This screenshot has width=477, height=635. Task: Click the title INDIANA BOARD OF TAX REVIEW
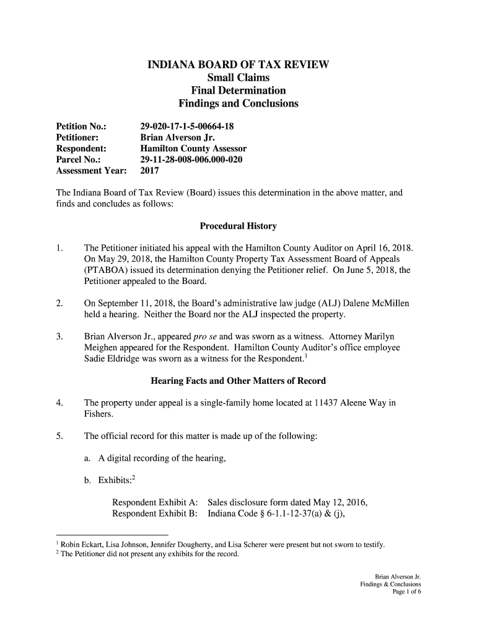238,65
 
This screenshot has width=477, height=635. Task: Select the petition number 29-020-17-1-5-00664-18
187,127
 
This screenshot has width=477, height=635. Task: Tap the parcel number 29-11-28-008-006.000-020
191,160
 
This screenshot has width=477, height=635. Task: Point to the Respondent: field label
81,149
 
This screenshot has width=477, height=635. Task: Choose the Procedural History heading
238,226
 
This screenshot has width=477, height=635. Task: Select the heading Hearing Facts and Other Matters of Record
238,381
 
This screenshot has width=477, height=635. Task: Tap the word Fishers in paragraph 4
98,414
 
